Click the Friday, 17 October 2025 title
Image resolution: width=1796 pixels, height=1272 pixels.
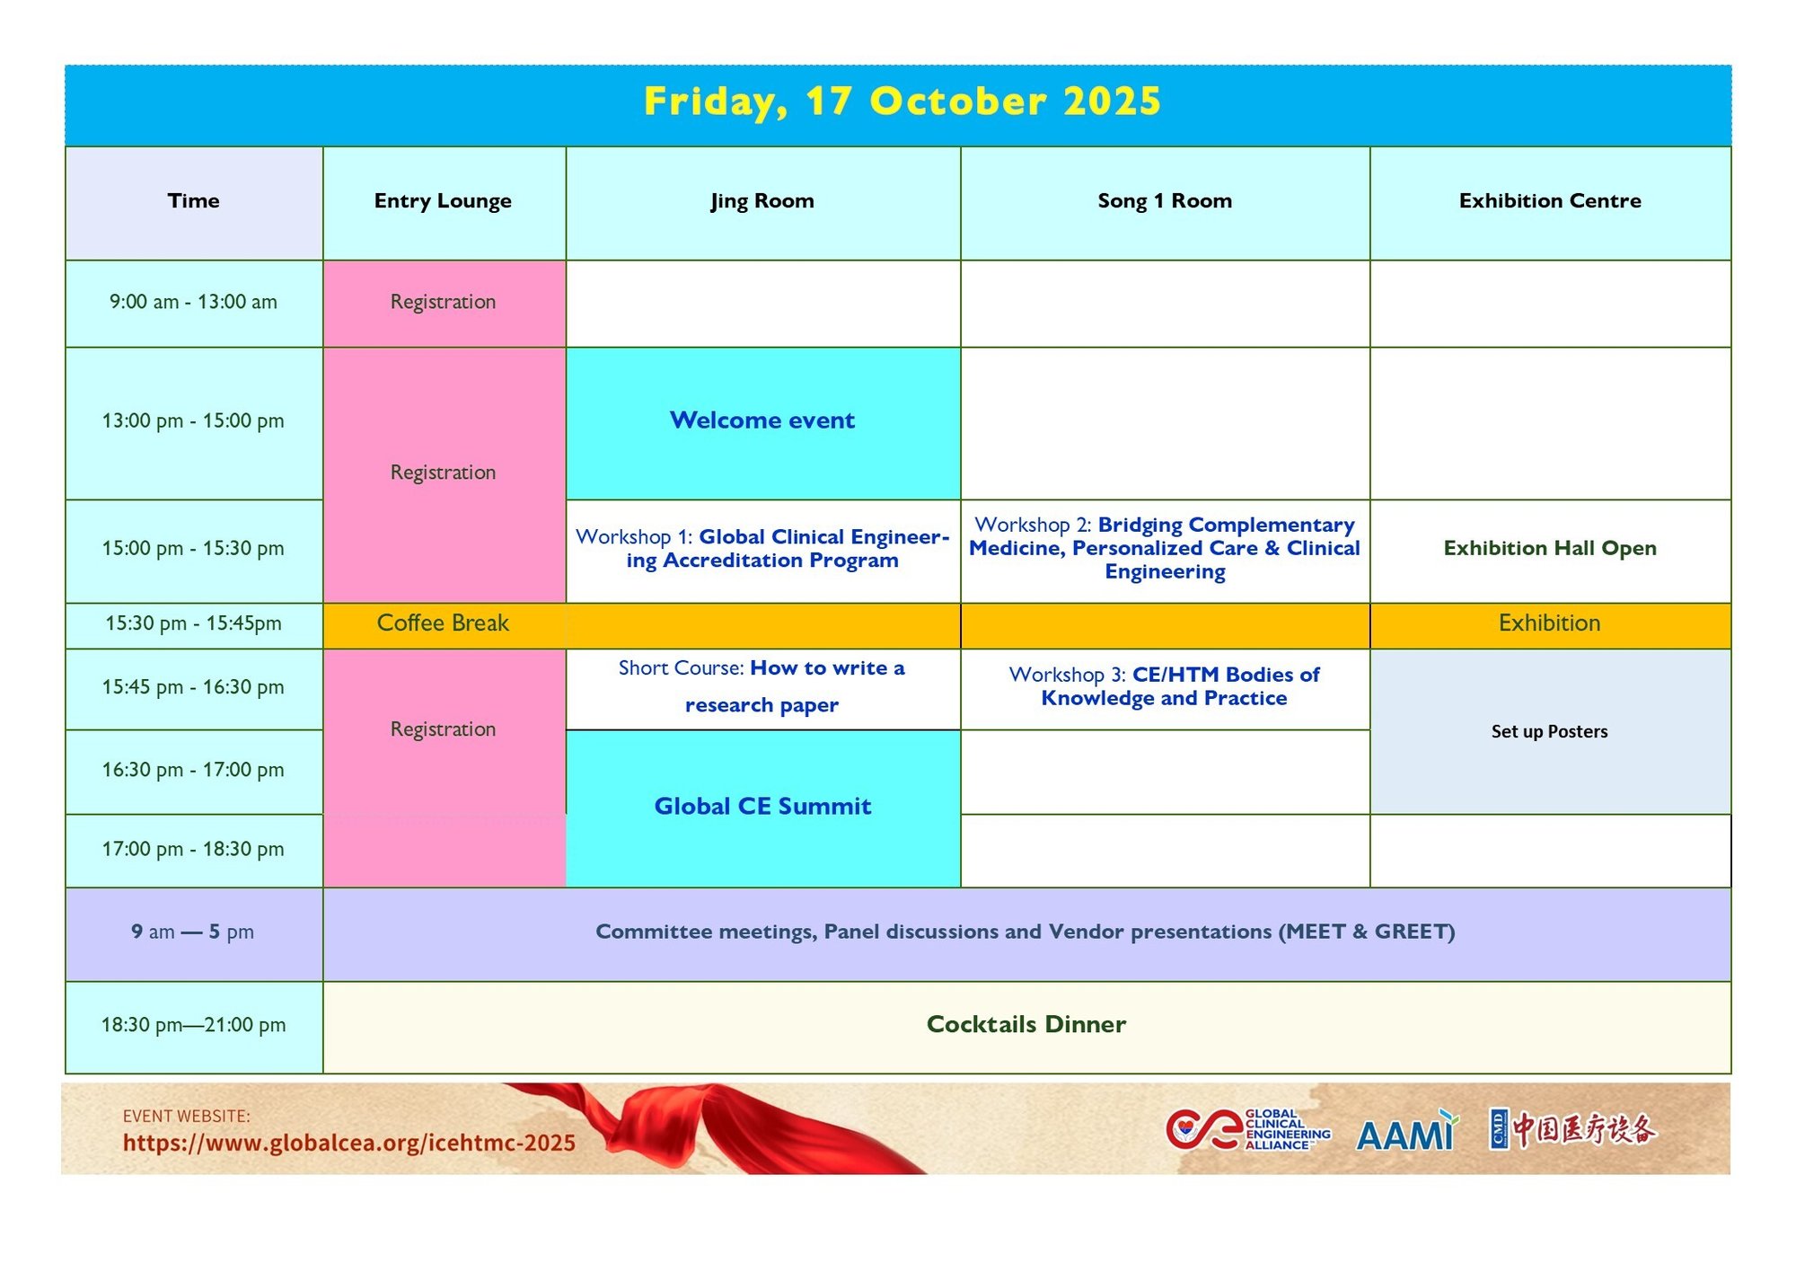point(902,102)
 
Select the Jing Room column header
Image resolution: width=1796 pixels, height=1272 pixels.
point(762,202)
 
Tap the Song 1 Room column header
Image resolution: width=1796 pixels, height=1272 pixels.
point(1165,202)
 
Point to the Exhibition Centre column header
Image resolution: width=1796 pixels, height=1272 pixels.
point(1550,202)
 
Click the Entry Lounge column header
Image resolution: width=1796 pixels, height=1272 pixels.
point(444,202)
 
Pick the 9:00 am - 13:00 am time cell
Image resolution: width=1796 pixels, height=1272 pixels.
point(194,303)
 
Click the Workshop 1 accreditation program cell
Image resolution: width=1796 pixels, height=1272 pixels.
point(762,550)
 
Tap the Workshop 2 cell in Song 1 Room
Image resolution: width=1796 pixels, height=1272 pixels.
point(1165,550)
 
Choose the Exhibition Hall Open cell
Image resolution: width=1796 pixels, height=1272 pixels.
point(1550,550)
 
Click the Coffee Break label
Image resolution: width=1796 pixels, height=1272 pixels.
point(443,623)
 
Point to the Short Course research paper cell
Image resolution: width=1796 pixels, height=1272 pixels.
point(762,688)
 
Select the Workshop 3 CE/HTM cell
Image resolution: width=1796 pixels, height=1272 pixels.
point(1165,688)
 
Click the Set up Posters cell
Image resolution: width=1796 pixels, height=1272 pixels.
point(1550,731)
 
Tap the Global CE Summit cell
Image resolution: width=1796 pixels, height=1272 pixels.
point(762,808)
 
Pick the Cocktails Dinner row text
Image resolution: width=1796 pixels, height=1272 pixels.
point(1026,1025)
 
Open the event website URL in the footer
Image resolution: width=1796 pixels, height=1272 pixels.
point(349,1144)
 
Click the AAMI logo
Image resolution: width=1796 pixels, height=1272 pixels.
point(1407,1131)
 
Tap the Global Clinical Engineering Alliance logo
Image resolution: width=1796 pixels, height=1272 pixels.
point(1248,1130)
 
